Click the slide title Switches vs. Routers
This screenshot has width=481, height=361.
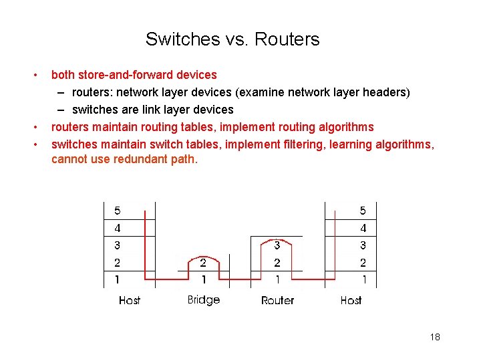coord(232,39)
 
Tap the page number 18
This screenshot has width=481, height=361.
coord(435,337)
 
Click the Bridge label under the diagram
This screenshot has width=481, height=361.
coord(204,299)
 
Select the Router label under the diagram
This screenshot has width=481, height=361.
coord(277,300)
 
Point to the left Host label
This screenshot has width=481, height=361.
coord(130,300)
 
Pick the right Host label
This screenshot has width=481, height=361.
coord(351,300)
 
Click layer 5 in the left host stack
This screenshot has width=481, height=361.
coord(118,211)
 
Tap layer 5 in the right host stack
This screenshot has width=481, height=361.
coord(363,211)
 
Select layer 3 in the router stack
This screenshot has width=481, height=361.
coord(277,245)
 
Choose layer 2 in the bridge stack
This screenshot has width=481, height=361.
coord(204,263)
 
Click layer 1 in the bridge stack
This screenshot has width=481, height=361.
coord(204,279)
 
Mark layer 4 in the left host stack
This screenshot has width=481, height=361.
coord(118,228)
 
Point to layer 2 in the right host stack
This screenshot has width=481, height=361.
coord(363,263)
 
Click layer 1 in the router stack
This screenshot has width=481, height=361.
coord(277,279)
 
